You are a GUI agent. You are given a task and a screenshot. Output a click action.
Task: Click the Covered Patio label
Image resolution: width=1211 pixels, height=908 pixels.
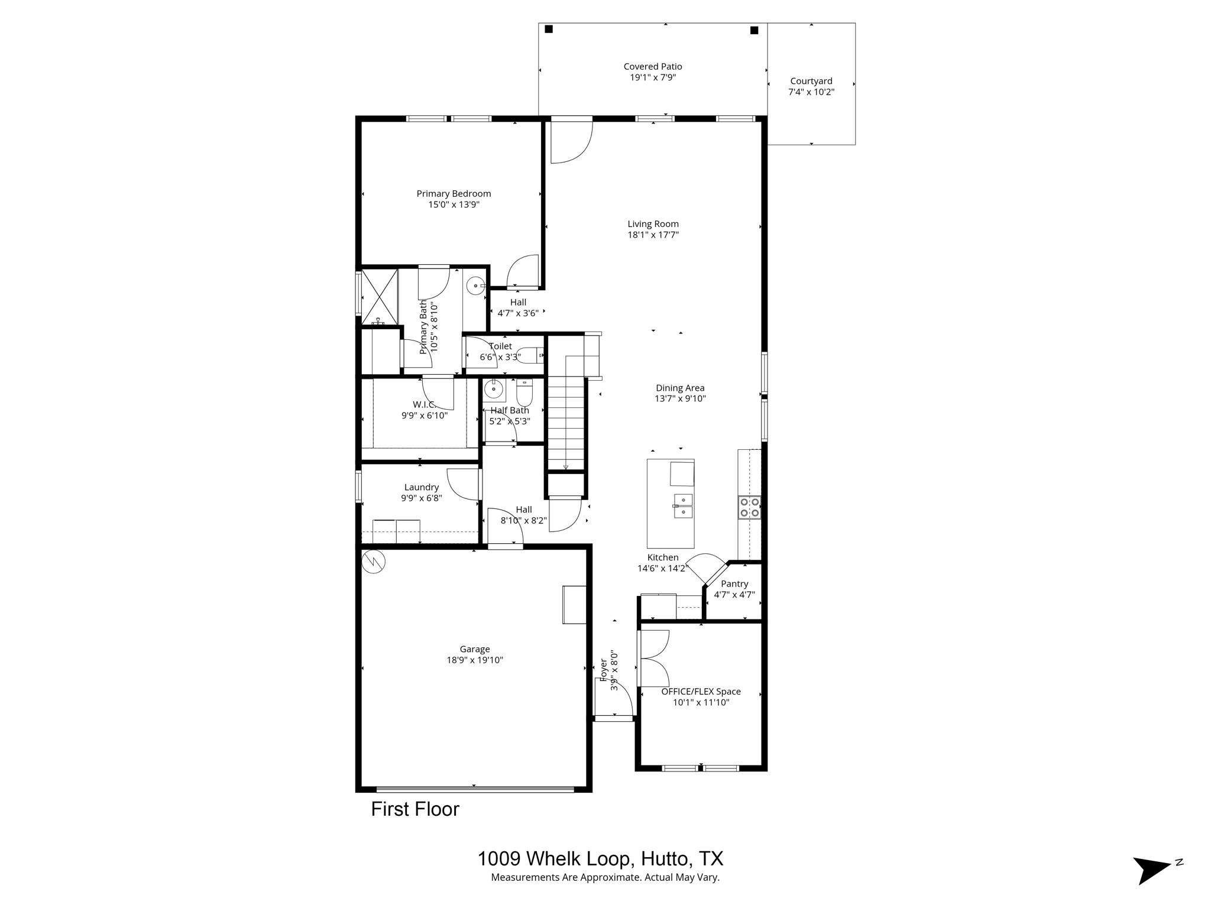coord(652,67)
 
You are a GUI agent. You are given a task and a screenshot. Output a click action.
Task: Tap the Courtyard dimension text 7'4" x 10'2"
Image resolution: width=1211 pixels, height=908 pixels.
coord(811,92)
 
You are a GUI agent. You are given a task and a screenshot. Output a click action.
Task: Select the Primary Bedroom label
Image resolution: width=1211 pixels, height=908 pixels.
coord(454,194)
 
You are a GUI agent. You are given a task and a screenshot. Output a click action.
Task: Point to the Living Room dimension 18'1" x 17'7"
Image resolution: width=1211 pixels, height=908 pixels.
coord(653,235)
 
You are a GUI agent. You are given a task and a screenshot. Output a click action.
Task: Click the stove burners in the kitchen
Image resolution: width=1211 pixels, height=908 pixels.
coord(749,508)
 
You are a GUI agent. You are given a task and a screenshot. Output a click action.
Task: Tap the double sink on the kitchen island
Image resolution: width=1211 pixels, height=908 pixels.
coord(683,505)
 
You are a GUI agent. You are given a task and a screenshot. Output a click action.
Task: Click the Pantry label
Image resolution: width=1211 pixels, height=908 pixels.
coord(734,584)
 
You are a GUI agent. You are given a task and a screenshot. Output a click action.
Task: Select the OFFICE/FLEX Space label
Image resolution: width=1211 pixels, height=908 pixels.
coord(701,692)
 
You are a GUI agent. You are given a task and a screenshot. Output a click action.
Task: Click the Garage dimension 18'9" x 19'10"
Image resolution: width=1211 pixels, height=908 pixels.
coord(475,660)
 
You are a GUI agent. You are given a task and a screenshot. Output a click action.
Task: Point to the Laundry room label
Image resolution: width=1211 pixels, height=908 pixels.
coord(421,488)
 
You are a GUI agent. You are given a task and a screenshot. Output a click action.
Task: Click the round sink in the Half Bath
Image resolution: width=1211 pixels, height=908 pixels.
coord(493,390)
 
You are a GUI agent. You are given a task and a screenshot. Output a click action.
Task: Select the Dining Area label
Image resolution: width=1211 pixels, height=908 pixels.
coord(680,388)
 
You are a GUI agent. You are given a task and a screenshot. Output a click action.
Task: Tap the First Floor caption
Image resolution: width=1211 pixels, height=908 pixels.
coord(415,809)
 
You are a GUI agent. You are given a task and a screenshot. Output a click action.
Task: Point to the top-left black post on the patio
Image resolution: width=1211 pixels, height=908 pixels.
coord(549,30)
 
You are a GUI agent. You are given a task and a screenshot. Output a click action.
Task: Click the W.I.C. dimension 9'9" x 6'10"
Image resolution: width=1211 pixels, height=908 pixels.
coord(424,416)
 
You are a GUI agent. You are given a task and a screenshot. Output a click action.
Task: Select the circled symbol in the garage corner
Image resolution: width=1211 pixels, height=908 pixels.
coord(374,561)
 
